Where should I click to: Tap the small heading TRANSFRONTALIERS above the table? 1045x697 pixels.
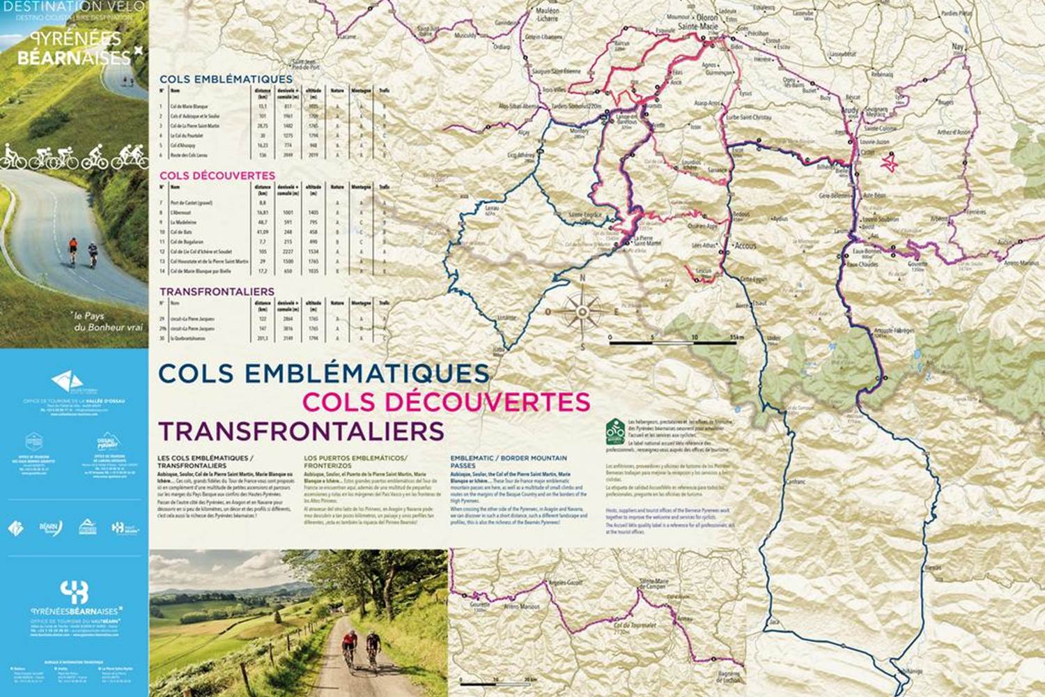(216, 291)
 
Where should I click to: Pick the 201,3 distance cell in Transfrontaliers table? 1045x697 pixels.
(263, 339)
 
